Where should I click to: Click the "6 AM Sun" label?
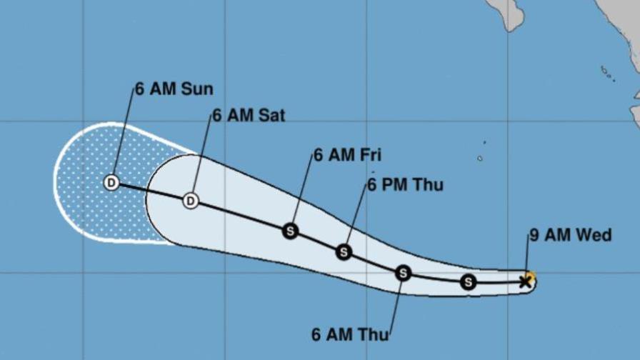[174, 90]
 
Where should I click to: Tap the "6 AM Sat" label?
[248, 115]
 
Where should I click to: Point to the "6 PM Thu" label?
[405, 185]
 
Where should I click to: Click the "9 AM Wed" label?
[570, 234]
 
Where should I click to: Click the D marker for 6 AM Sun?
[111, 183]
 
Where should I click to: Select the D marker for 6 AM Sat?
[191, 201]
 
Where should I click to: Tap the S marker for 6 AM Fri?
[290, 231]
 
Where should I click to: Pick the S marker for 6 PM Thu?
[344, 252]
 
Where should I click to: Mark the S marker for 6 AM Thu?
[404, 272]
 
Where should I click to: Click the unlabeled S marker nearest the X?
[468, 282]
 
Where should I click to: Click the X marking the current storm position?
[526, 282]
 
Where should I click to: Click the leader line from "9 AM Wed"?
[528, 257]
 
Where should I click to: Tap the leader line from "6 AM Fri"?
[303, 193]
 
